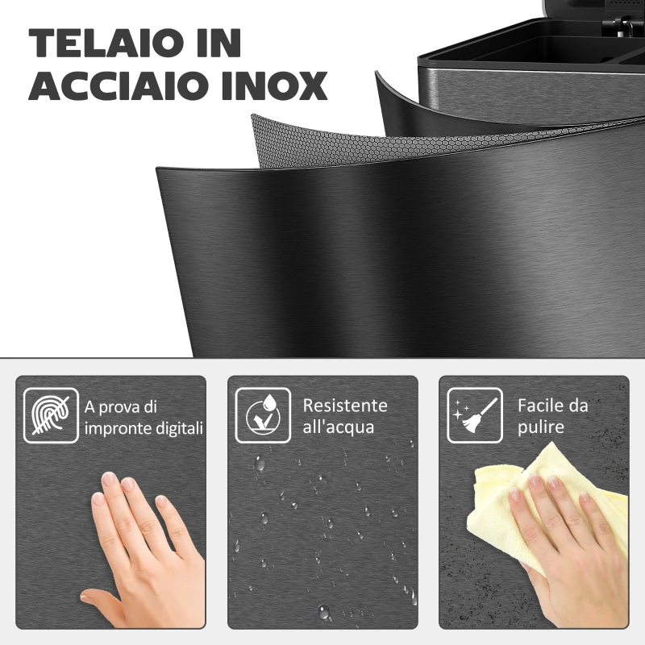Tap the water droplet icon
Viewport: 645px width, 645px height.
pos(262,414)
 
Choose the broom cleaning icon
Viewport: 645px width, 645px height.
pos(472,414)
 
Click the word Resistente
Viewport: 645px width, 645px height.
pos(344,405)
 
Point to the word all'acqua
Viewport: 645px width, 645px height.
pos(338,427)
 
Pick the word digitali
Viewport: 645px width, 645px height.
pos(179,427)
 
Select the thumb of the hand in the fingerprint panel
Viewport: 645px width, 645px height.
pos(101,601)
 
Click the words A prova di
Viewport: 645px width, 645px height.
pos(122,405)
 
